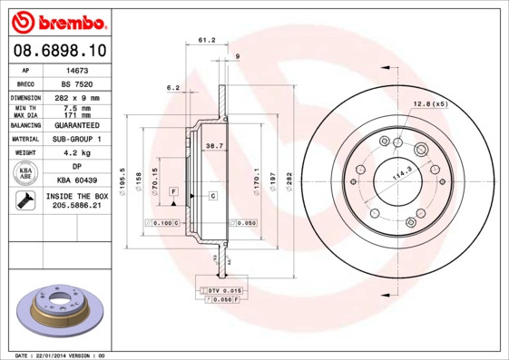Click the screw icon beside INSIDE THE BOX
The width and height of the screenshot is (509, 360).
[24, 201]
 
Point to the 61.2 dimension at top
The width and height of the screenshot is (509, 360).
[206, 40]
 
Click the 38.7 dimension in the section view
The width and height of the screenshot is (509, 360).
[214, 145]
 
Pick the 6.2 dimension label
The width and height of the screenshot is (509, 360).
[172, 87]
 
